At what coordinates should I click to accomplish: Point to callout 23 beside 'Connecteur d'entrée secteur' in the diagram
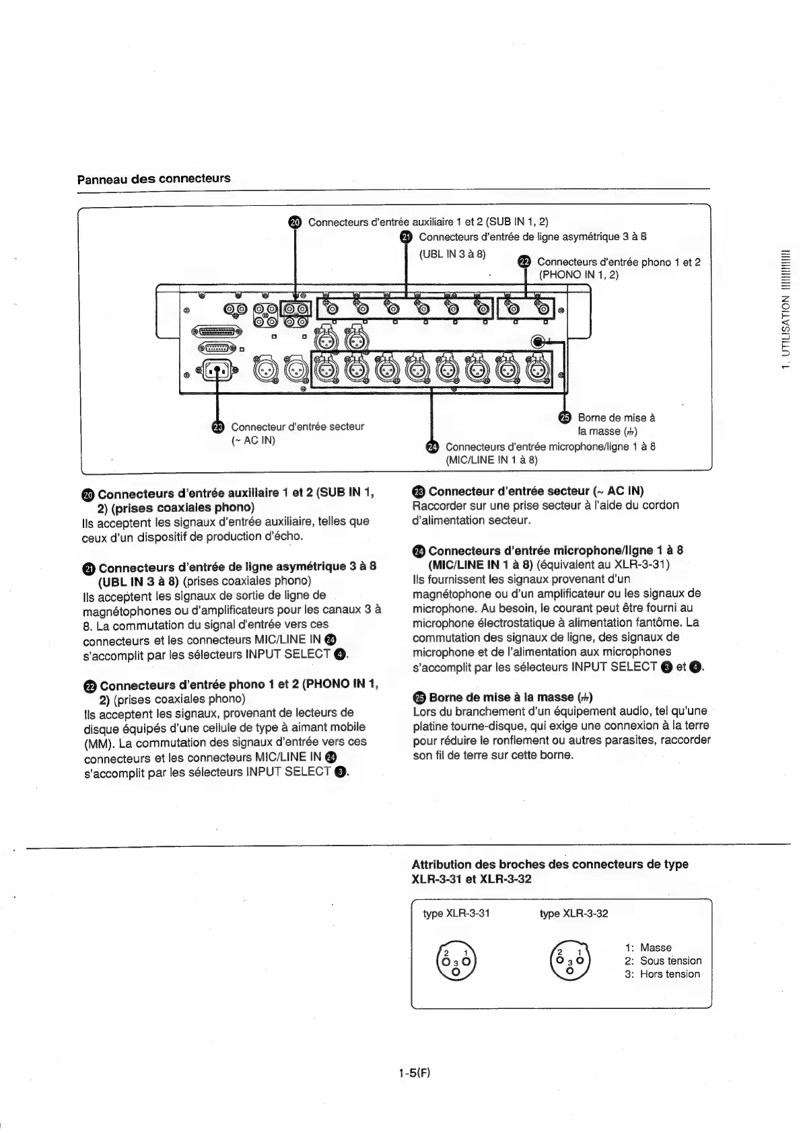(x=217, y=426)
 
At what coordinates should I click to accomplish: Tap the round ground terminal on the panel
(x=537, y=342)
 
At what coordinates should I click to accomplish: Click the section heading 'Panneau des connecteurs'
(x=153, y=179)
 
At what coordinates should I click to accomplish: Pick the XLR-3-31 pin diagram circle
(x=456, y=958)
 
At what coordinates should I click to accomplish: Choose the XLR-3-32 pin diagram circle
(x=569, y=958)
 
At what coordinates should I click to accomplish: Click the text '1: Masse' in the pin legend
(x=648, y=947)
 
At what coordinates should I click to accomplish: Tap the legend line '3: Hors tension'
(x=662, y=974)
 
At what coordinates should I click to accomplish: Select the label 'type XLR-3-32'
(x=573, y=913)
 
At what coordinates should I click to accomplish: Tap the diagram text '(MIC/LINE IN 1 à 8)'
(x=491, y=460)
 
